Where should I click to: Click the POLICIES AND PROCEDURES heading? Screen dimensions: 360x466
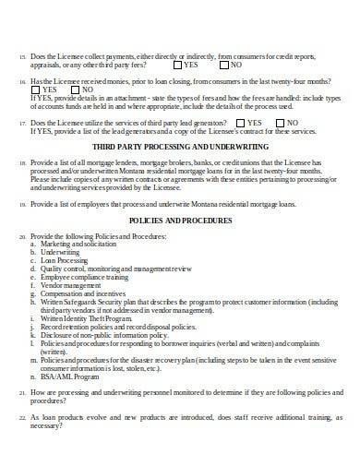click(179, 222)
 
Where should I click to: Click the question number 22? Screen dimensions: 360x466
click(21, 444)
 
